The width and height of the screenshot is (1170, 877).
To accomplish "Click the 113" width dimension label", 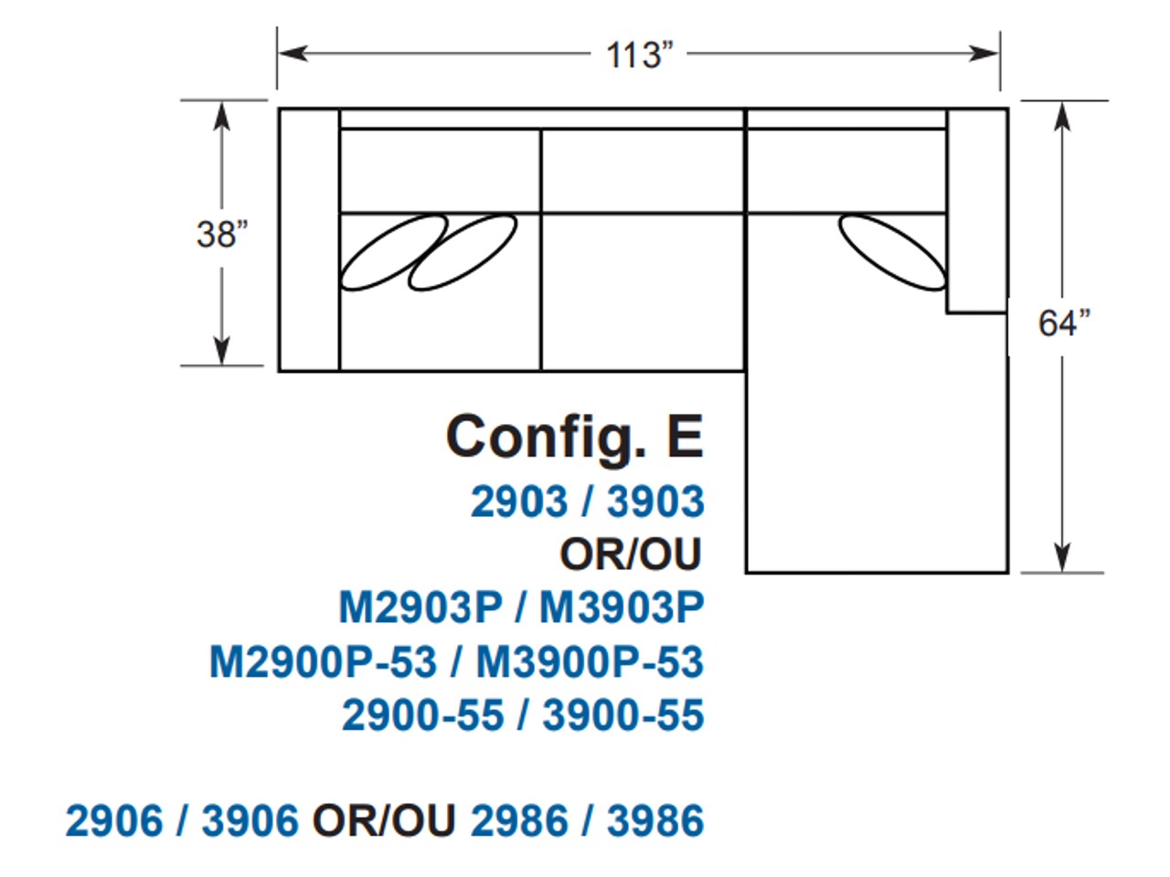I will (x=639, y=55).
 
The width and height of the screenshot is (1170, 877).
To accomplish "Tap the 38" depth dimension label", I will (x=222, y=234).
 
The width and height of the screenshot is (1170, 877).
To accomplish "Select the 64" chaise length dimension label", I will (x=1064, y=322).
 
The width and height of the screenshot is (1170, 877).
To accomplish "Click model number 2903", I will (x=518, y=502).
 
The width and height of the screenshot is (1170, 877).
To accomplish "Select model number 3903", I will (x=655, y=502).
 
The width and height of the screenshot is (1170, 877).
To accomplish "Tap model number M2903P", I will (x=420, y=608).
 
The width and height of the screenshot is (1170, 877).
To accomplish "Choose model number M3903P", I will (x=622, y=608).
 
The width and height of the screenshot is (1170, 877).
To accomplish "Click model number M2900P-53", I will (x=323, y=661).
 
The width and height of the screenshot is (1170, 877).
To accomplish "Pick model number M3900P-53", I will (x=590, y=661).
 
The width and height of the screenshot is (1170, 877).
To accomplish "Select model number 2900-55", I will (x=422, y=714).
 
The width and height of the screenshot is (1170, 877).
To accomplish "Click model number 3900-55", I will (x=623, y=714).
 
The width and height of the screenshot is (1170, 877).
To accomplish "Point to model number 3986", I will (x=655, y=820).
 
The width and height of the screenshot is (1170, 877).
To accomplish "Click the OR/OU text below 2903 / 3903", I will (x=631, y=555).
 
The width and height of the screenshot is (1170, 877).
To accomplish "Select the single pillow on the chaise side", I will (x=891, y=251).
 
